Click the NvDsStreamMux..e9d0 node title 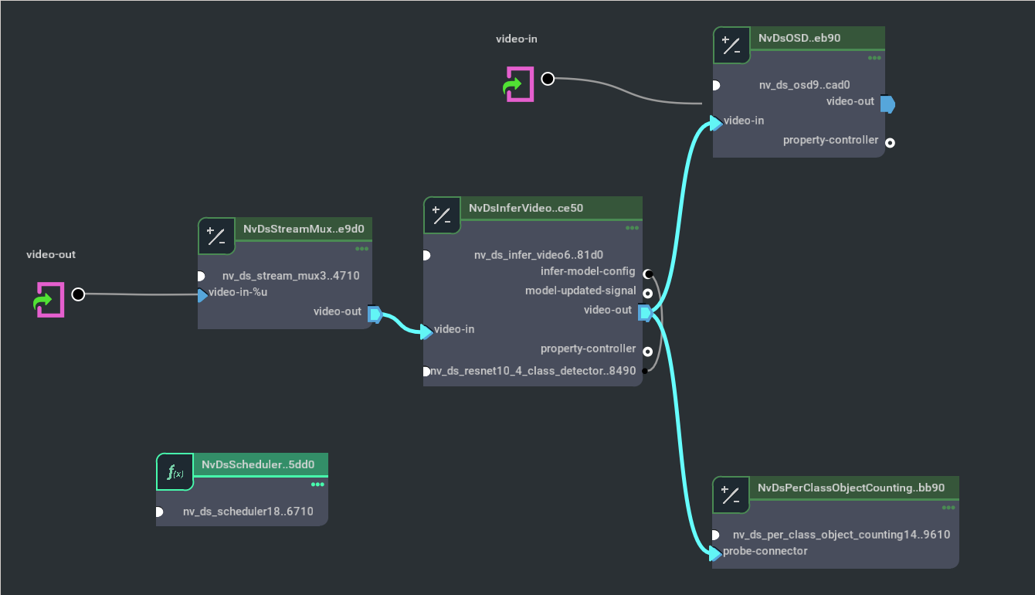click(304, 229)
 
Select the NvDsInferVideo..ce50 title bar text click(526, 208)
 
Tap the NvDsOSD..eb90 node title click(799, 38)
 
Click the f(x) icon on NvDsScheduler click(175, 472)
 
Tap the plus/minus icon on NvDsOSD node click(731, 46)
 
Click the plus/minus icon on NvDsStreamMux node click(217, 236)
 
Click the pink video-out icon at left click(49, 300)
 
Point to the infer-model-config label click(588, 271)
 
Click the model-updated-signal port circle click(647, 294)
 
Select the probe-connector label click(765, 551)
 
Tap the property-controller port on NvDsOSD click(890, 142)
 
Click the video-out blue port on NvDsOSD click(887, 104)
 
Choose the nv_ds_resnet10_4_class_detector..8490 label click(533, 371)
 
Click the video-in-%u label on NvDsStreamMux click(238, 292)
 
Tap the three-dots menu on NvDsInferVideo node click(632, 228)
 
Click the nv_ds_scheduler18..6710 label click(248, 511)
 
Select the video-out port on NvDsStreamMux click(374, 314)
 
